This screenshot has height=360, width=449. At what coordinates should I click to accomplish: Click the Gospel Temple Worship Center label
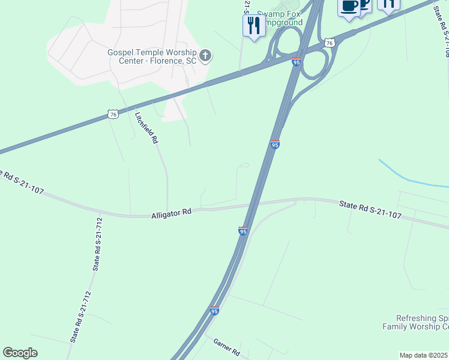click(152, 56)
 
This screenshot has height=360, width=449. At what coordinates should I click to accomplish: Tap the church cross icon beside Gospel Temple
click(205, 56)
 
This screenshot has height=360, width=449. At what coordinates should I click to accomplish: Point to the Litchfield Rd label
click(146, 128)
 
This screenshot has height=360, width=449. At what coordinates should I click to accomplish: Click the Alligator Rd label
click(171, 212)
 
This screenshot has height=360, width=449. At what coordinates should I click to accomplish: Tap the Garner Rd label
click(227, 346)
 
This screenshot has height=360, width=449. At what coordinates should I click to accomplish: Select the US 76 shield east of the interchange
click(328, 43)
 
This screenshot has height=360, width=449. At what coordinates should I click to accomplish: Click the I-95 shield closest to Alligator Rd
click(243, 231)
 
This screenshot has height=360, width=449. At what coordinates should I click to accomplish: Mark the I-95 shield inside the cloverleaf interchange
click(297, 62)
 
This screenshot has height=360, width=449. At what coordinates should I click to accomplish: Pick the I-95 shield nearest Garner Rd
click(214, 311)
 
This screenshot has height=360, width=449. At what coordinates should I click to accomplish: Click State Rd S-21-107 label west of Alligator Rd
click(23, 182)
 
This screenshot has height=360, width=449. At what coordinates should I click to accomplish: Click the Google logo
click(20, 353)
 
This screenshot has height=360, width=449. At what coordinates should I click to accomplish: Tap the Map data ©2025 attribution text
click(424, 355)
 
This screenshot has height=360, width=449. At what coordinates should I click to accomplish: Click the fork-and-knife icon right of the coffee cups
click(388, 5)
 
